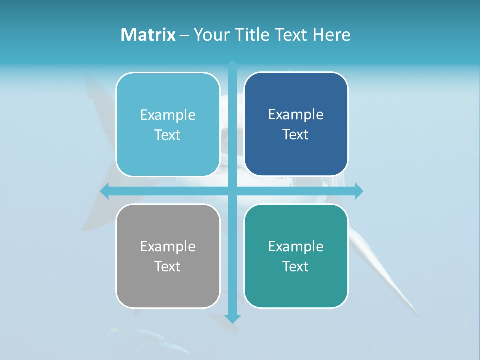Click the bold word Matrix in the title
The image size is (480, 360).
148,35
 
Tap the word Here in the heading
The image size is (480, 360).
332,35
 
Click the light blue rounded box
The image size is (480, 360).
168,124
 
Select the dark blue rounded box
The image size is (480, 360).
296,124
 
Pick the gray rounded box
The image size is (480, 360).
168,256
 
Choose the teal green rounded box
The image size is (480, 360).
296,256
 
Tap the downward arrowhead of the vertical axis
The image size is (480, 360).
232,318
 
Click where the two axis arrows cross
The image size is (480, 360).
232,191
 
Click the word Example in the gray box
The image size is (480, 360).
168,246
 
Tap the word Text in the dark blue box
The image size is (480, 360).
295,134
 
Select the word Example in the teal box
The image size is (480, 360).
296,246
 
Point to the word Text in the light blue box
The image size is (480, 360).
167,135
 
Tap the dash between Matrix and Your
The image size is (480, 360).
184,35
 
